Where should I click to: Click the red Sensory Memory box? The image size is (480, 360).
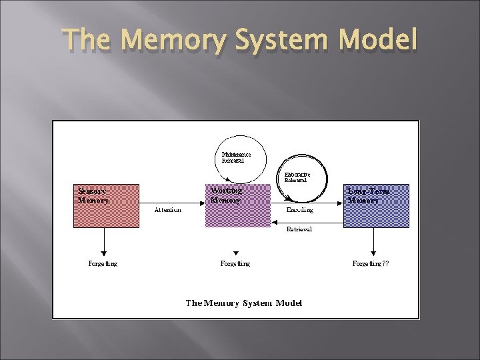(106, 206)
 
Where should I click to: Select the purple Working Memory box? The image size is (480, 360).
(238, 206)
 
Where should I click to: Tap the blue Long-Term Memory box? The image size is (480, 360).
(376, 206)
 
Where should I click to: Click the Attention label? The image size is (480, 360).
(167, 210)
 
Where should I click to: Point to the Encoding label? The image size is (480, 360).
(299, 210)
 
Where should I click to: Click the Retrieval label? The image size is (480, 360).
(299, 229)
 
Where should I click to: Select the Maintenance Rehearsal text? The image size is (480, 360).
(237, 157)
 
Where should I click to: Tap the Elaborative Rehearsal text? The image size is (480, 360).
(297, 177)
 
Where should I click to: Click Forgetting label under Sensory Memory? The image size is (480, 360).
(103, 264)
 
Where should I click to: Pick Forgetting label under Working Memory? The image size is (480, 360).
(235, 264)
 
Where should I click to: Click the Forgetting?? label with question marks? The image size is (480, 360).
(371, 264)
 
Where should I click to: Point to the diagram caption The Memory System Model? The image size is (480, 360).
(244, 303)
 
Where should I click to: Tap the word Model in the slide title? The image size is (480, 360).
(377, 41)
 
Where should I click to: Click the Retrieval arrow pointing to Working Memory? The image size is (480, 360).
(307, 223)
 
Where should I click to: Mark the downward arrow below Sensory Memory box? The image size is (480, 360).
(103, 241)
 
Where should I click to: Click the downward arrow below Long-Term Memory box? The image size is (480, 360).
(373, 241)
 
